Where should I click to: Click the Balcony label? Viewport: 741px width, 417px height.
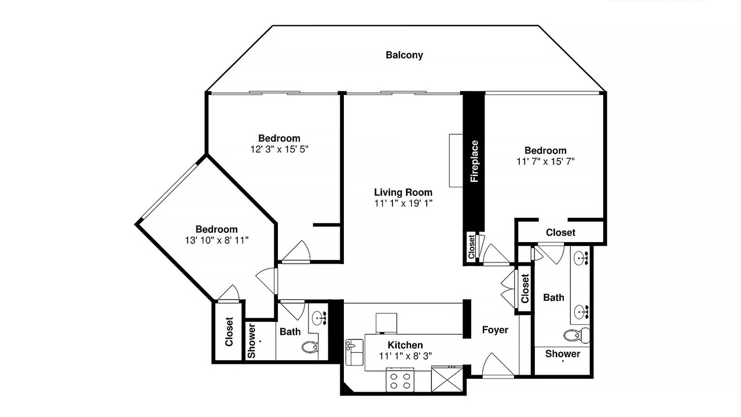pos(404,55)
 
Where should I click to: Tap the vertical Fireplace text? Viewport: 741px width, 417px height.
pos(474,161)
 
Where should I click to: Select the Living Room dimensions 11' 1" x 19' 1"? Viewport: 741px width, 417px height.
pos(403,203)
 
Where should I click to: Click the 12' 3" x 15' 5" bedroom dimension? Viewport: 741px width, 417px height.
pos(279,149)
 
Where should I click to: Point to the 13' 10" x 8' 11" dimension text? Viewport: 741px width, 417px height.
pos(217,240)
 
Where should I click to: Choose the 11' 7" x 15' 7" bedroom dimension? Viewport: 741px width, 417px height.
pos(545,162)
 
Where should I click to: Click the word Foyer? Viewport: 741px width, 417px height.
pos(495,330)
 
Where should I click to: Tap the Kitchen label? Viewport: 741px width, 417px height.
pos(405,345)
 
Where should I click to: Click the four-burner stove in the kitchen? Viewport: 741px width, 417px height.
pos(400,380)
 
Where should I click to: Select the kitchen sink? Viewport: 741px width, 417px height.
pos(354,352)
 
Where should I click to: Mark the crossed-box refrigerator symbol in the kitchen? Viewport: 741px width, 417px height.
pos(447,379)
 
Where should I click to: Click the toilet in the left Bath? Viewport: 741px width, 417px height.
pos(310,347)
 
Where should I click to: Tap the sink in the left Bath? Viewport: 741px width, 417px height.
pos(319,319)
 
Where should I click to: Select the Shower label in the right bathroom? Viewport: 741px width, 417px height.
pos(563,354)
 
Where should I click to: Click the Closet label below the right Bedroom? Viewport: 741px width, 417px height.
pos(561,233)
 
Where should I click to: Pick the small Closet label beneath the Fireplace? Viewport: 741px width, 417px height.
pos(471,247)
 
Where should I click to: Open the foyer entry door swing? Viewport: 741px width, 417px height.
pos(498,365)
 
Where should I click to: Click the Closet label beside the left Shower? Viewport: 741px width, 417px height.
pos(229,332)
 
